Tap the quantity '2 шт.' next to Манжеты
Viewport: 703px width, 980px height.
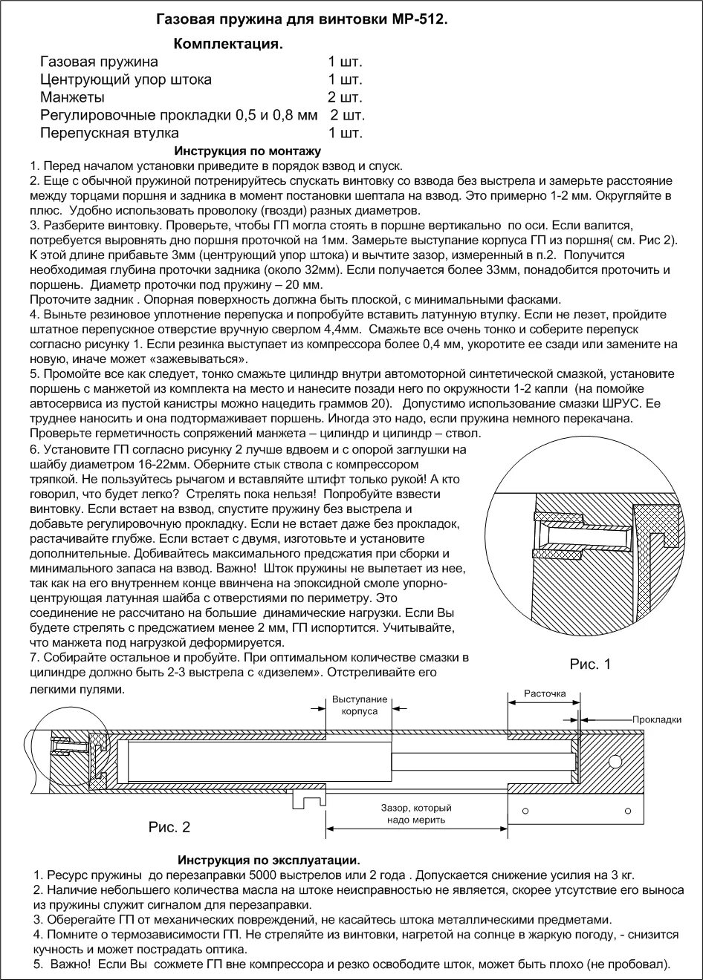345,97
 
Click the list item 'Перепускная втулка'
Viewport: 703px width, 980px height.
109,134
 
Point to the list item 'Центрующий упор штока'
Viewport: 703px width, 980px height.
126,79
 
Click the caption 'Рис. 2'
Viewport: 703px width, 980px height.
169,826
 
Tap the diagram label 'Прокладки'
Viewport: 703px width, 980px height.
657,719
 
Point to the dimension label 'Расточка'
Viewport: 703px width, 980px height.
545,694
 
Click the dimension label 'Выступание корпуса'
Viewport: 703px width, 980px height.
360,705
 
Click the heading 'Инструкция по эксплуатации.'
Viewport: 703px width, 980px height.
269,860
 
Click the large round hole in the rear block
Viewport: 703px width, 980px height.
616,762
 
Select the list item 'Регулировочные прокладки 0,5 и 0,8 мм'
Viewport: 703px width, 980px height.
178,116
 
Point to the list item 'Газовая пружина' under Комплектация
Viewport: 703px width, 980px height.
99,62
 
